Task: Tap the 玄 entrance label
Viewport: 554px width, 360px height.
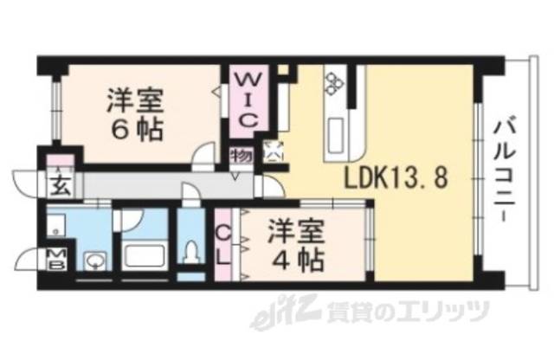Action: (x=60, y=184)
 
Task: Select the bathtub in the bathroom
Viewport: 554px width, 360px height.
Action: (x=143, y=255)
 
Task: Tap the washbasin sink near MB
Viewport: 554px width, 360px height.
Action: (x=93, y=259)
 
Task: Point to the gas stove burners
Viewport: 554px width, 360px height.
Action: (x=335, y=83)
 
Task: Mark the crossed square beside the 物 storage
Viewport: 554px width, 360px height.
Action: (x=273, y=151)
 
